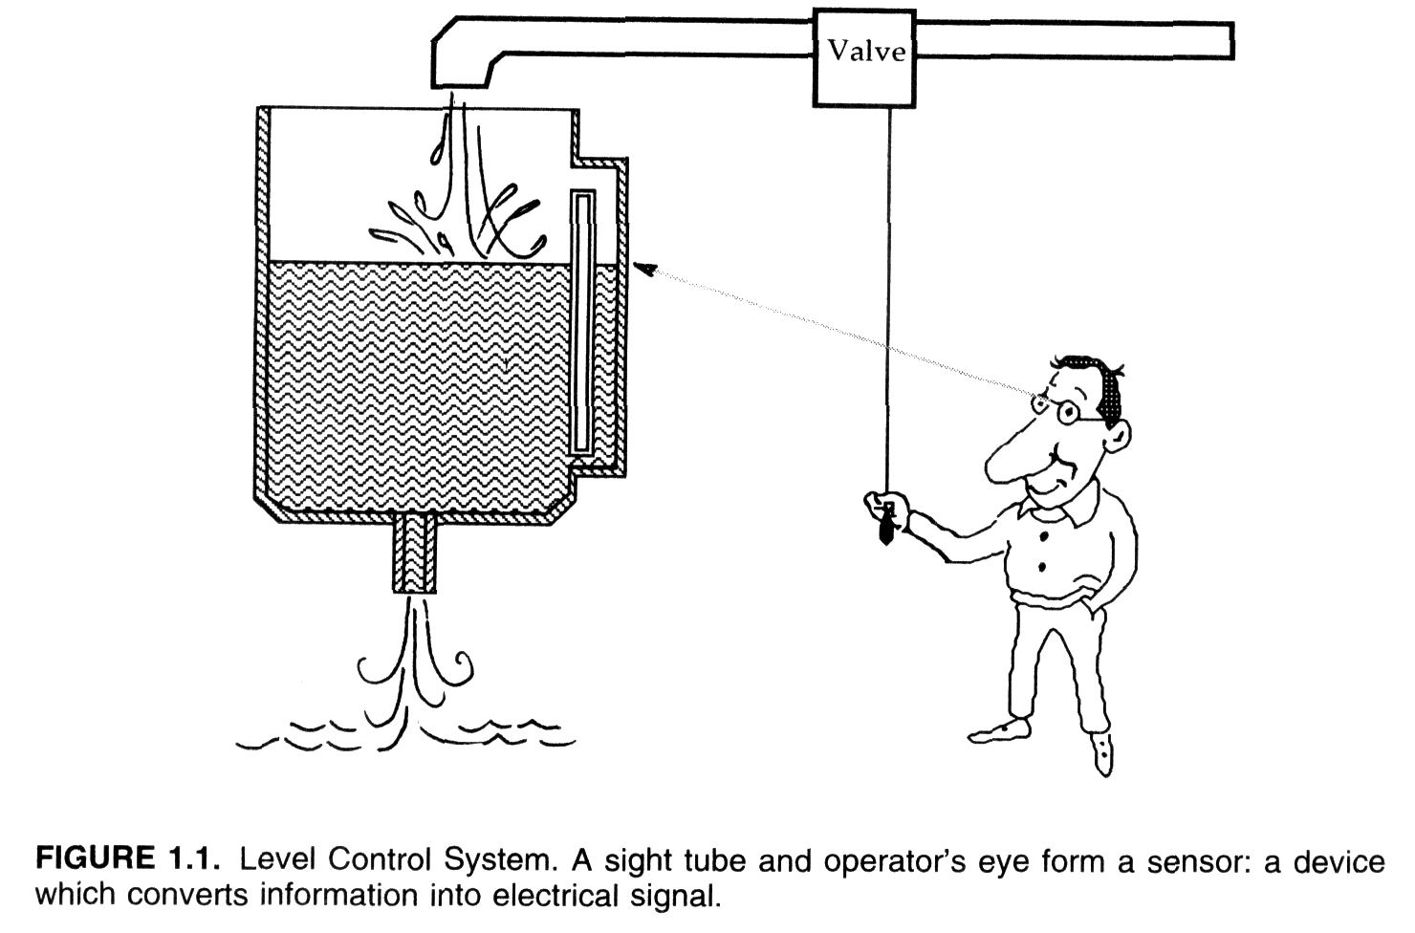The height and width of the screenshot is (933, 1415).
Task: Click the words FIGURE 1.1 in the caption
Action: coord(128,860)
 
